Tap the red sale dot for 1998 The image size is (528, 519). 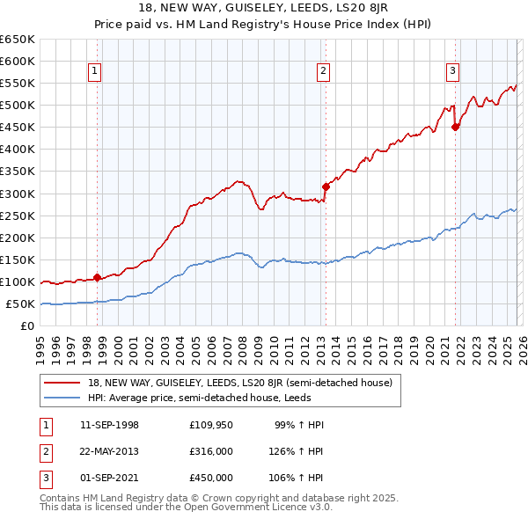click(x=97, y=277)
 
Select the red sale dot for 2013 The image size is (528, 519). click(x=325, y=186)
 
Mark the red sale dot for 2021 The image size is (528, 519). click(x=455, y=127)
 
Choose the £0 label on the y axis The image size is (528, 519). click(x=27, y=326)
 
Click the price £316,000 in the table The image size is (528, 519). click(x=211, y=451)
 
